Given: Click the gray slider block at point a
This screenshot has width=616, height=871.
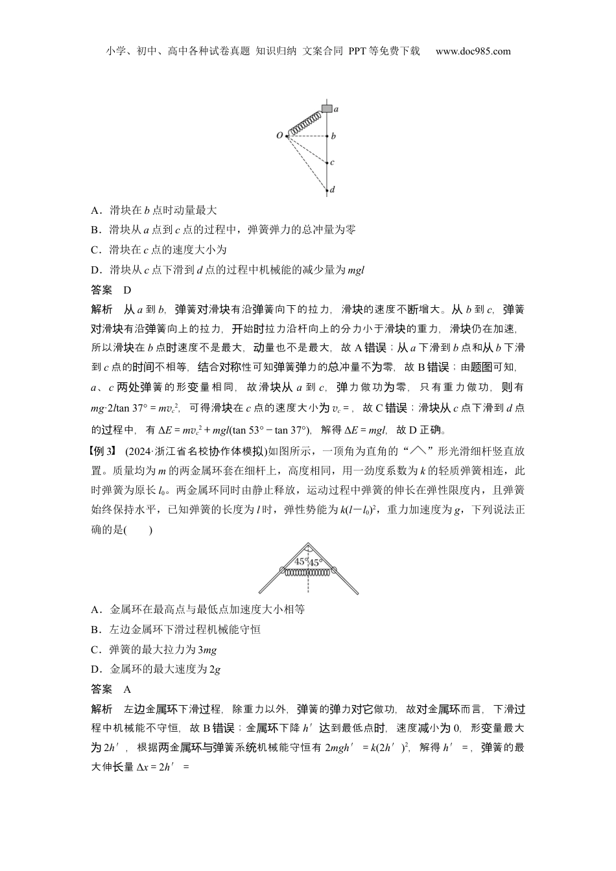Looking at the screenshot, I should tap(327, 108).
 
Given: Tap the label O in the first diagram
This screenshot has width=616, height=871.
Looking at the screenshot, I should tap(279, 135).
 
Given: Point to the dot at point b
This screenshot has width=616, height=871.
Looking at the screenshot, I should tap(327, 137).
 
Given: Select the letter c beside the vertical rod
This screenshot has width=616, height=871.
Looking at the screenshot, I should tap(333, 163).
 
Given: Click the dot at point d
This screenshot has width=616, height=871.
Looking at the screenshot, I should tap(327, 191).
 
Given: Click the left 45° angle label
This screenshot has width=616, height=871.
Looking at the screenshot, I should tap(301, 562).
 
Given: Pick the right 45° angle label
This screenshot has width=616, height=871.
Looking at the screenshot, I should tap(316, 562).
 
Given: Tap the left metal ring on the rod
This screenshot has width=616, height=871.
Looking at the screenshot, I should tap(282, 570).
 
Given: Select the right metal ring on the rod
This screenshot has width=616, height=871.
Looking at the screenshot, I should tap(335, 570).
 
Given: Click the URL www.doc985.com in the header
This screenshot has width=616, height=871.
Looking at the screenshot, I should tap(473, 51).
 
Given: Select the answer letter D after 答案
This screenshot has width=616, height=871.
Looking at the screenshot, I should tap(128, 290).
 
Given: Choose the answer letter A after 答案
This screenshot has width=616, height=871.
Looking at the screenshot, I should tap(128, 689).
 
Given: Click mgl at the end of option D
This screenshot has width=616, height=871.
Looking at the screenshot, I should tap(356, 270).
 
